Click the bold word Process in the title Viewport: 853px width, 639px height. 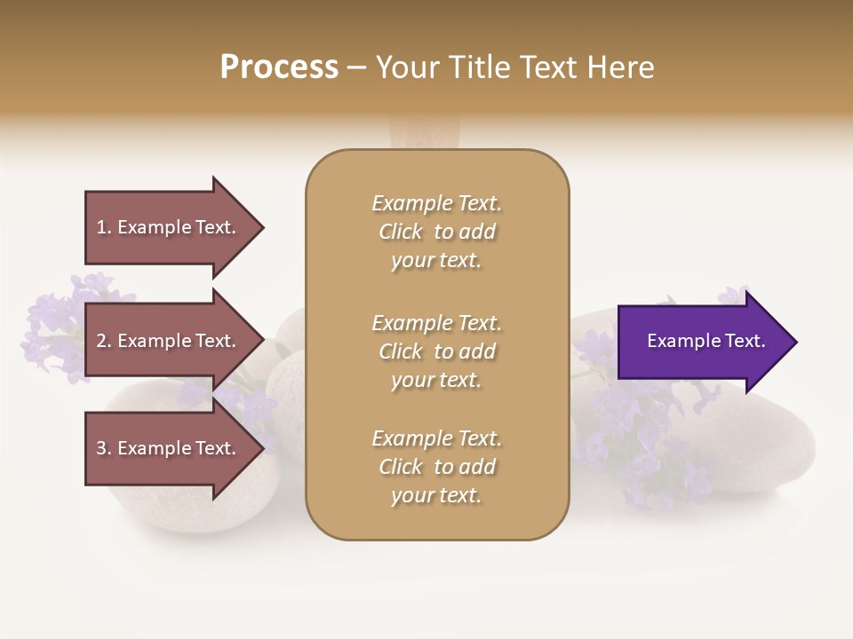279,67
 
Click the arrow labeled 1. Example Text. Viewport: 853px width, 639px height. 169,228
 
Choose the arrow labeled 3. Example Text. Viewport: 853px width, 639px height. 169,449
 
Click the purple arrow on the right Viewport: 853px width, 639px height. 702,342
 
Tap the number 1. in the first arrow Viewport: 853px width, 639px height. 104,228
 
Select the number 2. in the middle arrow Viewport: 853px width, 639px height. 104,342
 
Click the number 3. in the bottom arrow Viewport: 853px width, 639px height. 104,449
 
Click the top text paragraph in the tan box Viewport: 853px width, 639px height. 436,232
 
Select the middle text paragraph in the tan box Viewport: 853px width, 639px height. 436,351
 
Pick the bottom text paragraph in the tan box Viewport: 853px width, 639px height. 436,467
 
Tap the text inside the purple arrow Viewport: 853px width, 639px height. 706,342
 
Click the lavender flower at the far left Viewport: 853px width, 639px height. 53,319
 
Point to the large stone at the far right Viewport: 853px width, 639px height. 764,444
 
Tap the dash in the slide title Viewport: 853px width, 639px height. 356,67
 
